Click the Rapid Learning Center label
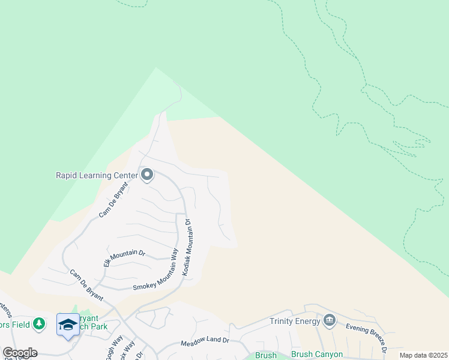[x=96, y=175]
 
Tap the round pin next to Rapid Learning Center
[x=147, y=175]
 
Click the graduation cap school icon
[x=68, y=325]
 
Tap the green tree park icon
[x=39, y=324]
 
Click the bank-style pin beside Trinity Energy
[x=329, y=320]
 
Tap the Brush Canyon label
[x=317, y=354]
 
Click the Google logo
[x=20, y=353]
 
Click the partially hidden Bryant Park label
[x=90, y=321]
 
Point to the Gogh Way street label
[x=112, y=350]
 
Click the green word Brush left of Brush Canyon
[x=265, y=356]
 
